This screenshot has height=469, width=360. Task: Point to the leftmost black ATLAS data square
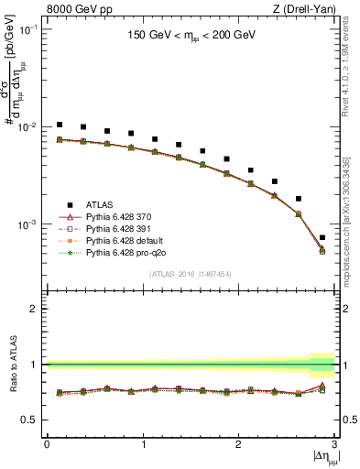[x=60, y=125]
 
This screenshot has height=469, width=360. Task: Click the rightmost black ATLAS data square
[x=322, y=237]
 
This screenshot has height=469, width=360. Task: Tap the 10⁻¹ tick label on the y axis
[x=29, y=30]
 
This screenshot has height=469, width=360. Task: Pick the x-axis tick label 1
[x=142, y=444]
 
